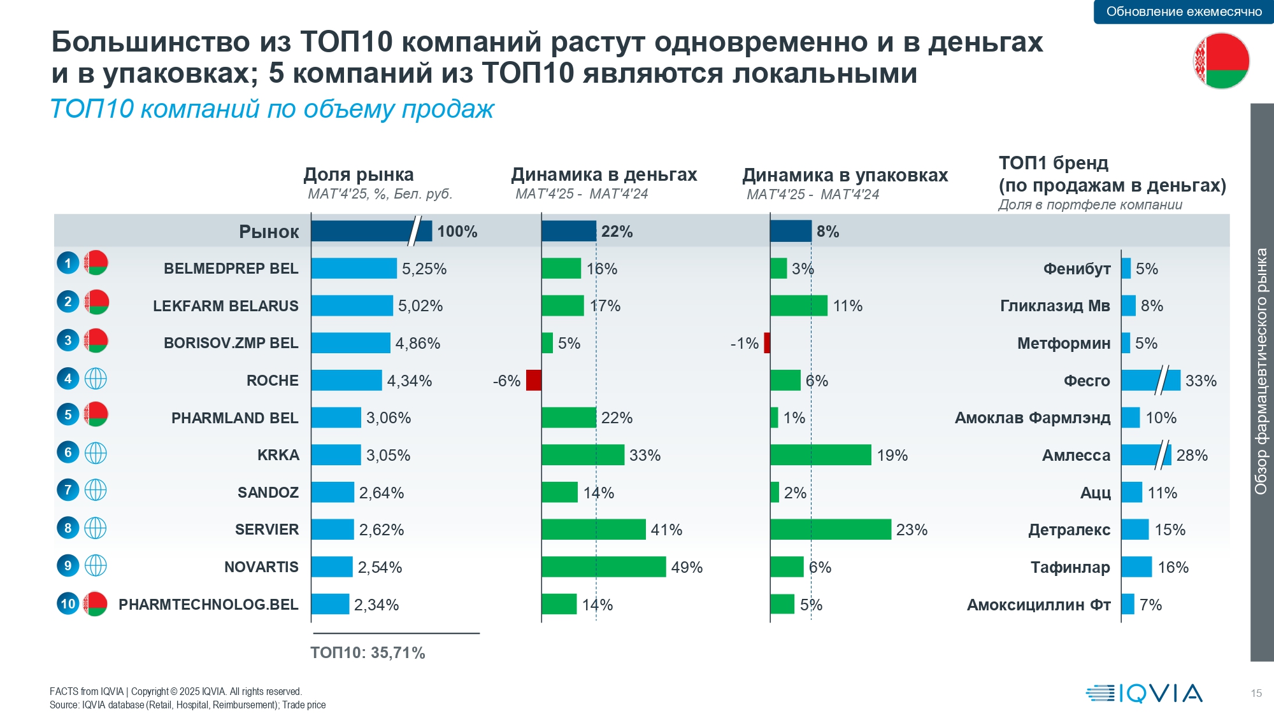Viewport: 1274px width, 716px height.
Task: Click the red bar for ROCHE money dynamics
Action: click(x=534, y=380)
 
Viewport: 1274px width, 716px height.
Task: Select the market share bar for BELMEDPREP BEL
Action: click(x=354, y=269)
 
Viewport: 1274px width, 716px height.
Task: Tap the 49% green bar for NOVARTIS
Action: click(x=604, y=566)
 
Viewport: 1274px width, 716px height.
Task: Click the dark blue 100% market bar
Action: click(x=371, y=231)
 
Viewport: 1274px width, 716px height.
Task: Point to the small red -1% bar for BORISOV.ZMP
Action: click(x=767, y=343)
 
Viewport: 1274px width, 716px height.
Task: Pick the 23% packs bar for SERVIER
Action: click(x=831, y=530)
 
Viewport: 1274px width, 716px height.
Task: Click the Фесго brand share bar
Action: click(x=1150, y=381)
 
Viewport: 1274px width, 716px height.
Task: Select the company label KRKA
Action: click(x=278, y=455)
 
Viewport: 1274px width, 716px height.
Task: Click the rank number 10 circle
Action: click(x=68, y=603)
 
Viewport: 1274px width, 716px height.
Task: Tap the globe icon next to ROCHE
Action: click(x=96, y=379)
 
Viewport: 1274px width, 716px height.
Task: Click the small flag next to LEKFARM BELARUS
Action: click(x=96, y=302)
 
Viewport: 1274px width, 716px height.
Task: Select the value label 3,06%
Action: click(x=389, y=418)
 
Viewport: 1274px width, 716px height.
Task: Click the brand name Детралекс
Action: click(x=1070, y=530)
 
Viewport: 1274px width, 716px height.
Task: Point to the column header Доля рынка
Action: click(x=359, y=174)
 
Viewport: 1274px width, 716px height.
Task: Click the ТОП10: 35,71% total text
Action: click(x=368, y=653)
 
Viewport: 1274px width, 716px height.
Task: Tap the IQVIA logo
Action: click(x=1144, y=693)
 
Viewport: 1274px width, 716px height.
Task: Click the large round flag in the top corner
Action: click(x=1221, y=61)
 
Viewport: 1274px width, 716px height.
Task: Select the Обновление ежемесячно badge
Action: click(x=1184, y=11)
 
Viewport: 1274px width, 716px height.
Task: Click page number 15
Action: click(x=1256, y=693)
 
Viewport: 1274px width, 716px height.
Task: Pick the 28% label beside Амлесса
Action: click(x=1192, y=455)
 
